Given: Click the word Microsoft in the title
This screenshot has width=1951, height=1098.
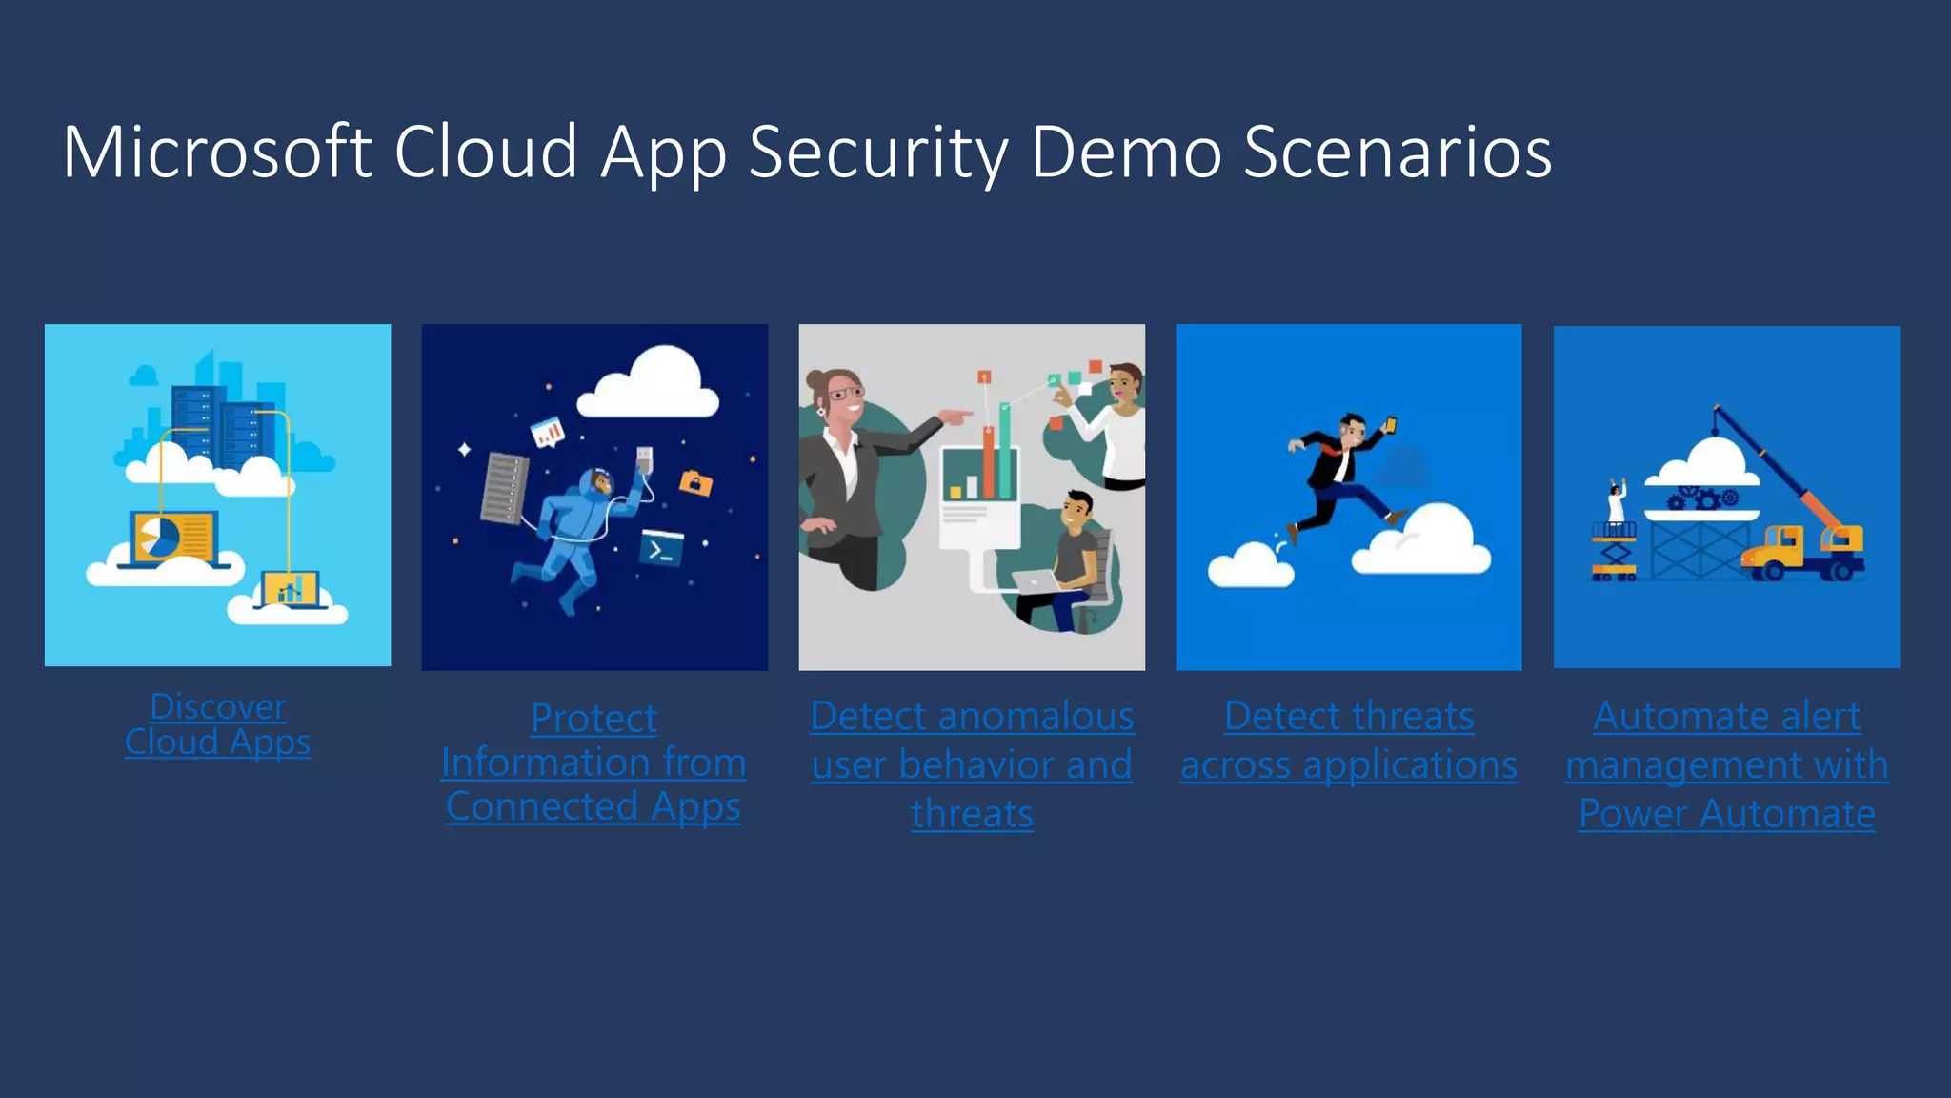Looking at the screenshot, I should (217, 152).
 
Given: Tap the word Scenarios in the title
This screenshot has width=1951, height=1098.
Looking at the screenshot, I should (1398, 152).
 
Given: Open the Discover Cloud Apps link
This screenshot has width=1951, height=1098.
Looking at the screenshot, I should (218, 724).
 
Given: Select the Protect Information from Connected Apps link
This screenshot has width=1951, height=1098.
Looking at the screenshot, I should (593, 762).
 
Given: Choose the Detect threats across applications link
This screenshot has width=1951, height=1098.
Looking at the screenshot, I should (1349, 742).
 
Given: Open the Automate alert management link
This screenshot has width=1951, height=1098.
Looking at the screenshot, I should (1726, 764).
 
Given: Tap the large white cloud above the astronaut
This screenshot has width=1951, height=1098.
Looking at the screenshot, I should (651, 386).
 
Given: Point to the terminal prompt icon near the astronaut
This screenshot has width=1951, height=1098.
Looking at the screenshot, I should (661, 549).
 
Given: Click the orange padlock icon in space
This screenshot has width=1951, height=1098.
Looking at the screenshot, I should (695, 483).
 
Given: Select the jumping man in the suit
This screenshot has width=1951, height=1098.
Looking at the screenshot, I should (1343, 477).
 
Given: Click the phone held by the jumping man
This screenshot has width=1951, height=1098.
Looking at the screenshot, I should (1391, 424).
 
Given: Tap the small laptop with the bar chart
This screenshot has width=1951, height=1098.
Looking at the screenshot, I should (291, 590).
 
